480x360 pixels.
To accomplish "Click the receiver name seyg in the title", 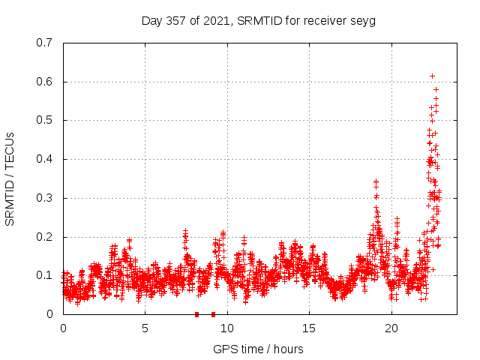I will (x=363, y=21).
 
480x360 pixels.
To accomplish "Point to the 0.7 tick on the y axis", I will (x=44, y=43).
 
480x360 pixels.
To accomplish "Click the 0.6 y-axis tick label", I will (x=44, y=82).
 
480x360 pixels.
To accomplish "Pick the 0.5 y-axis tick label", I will (x=44, y=120).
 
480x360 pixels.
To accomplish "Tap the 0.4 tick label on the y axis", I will (x=44, y=159).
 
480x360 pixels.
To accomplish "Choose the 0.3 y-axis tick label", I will (x=44, y=198).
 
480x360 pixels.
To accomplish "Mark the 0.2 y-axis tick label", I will (x=44, y=237).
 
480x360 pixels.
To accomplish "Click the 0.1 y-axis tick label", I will (x=44, y=275).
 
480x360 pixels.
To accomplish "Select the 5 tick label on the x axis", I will (x=145, y=328).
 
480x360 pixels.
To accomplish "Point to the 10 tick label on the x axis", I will (x=227, y=328).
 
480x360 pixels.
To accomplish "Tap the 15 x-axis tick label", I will (x=309, y=328).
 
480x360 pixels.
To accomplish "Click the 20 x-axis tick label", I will (x=391, y=328).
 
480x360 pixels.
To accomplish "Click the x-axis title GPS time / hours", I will (x=258, y=349).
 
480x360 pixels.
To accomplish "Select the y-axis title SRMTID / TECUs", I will (x=10, y=178).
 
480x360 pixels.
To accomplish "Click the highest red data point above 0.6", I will (x=432, y=76).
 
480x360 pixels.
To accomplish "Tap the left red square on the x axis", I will (x=196, y=314).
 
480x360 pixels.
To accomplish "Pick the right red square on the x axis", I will (x=213, y=314).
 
